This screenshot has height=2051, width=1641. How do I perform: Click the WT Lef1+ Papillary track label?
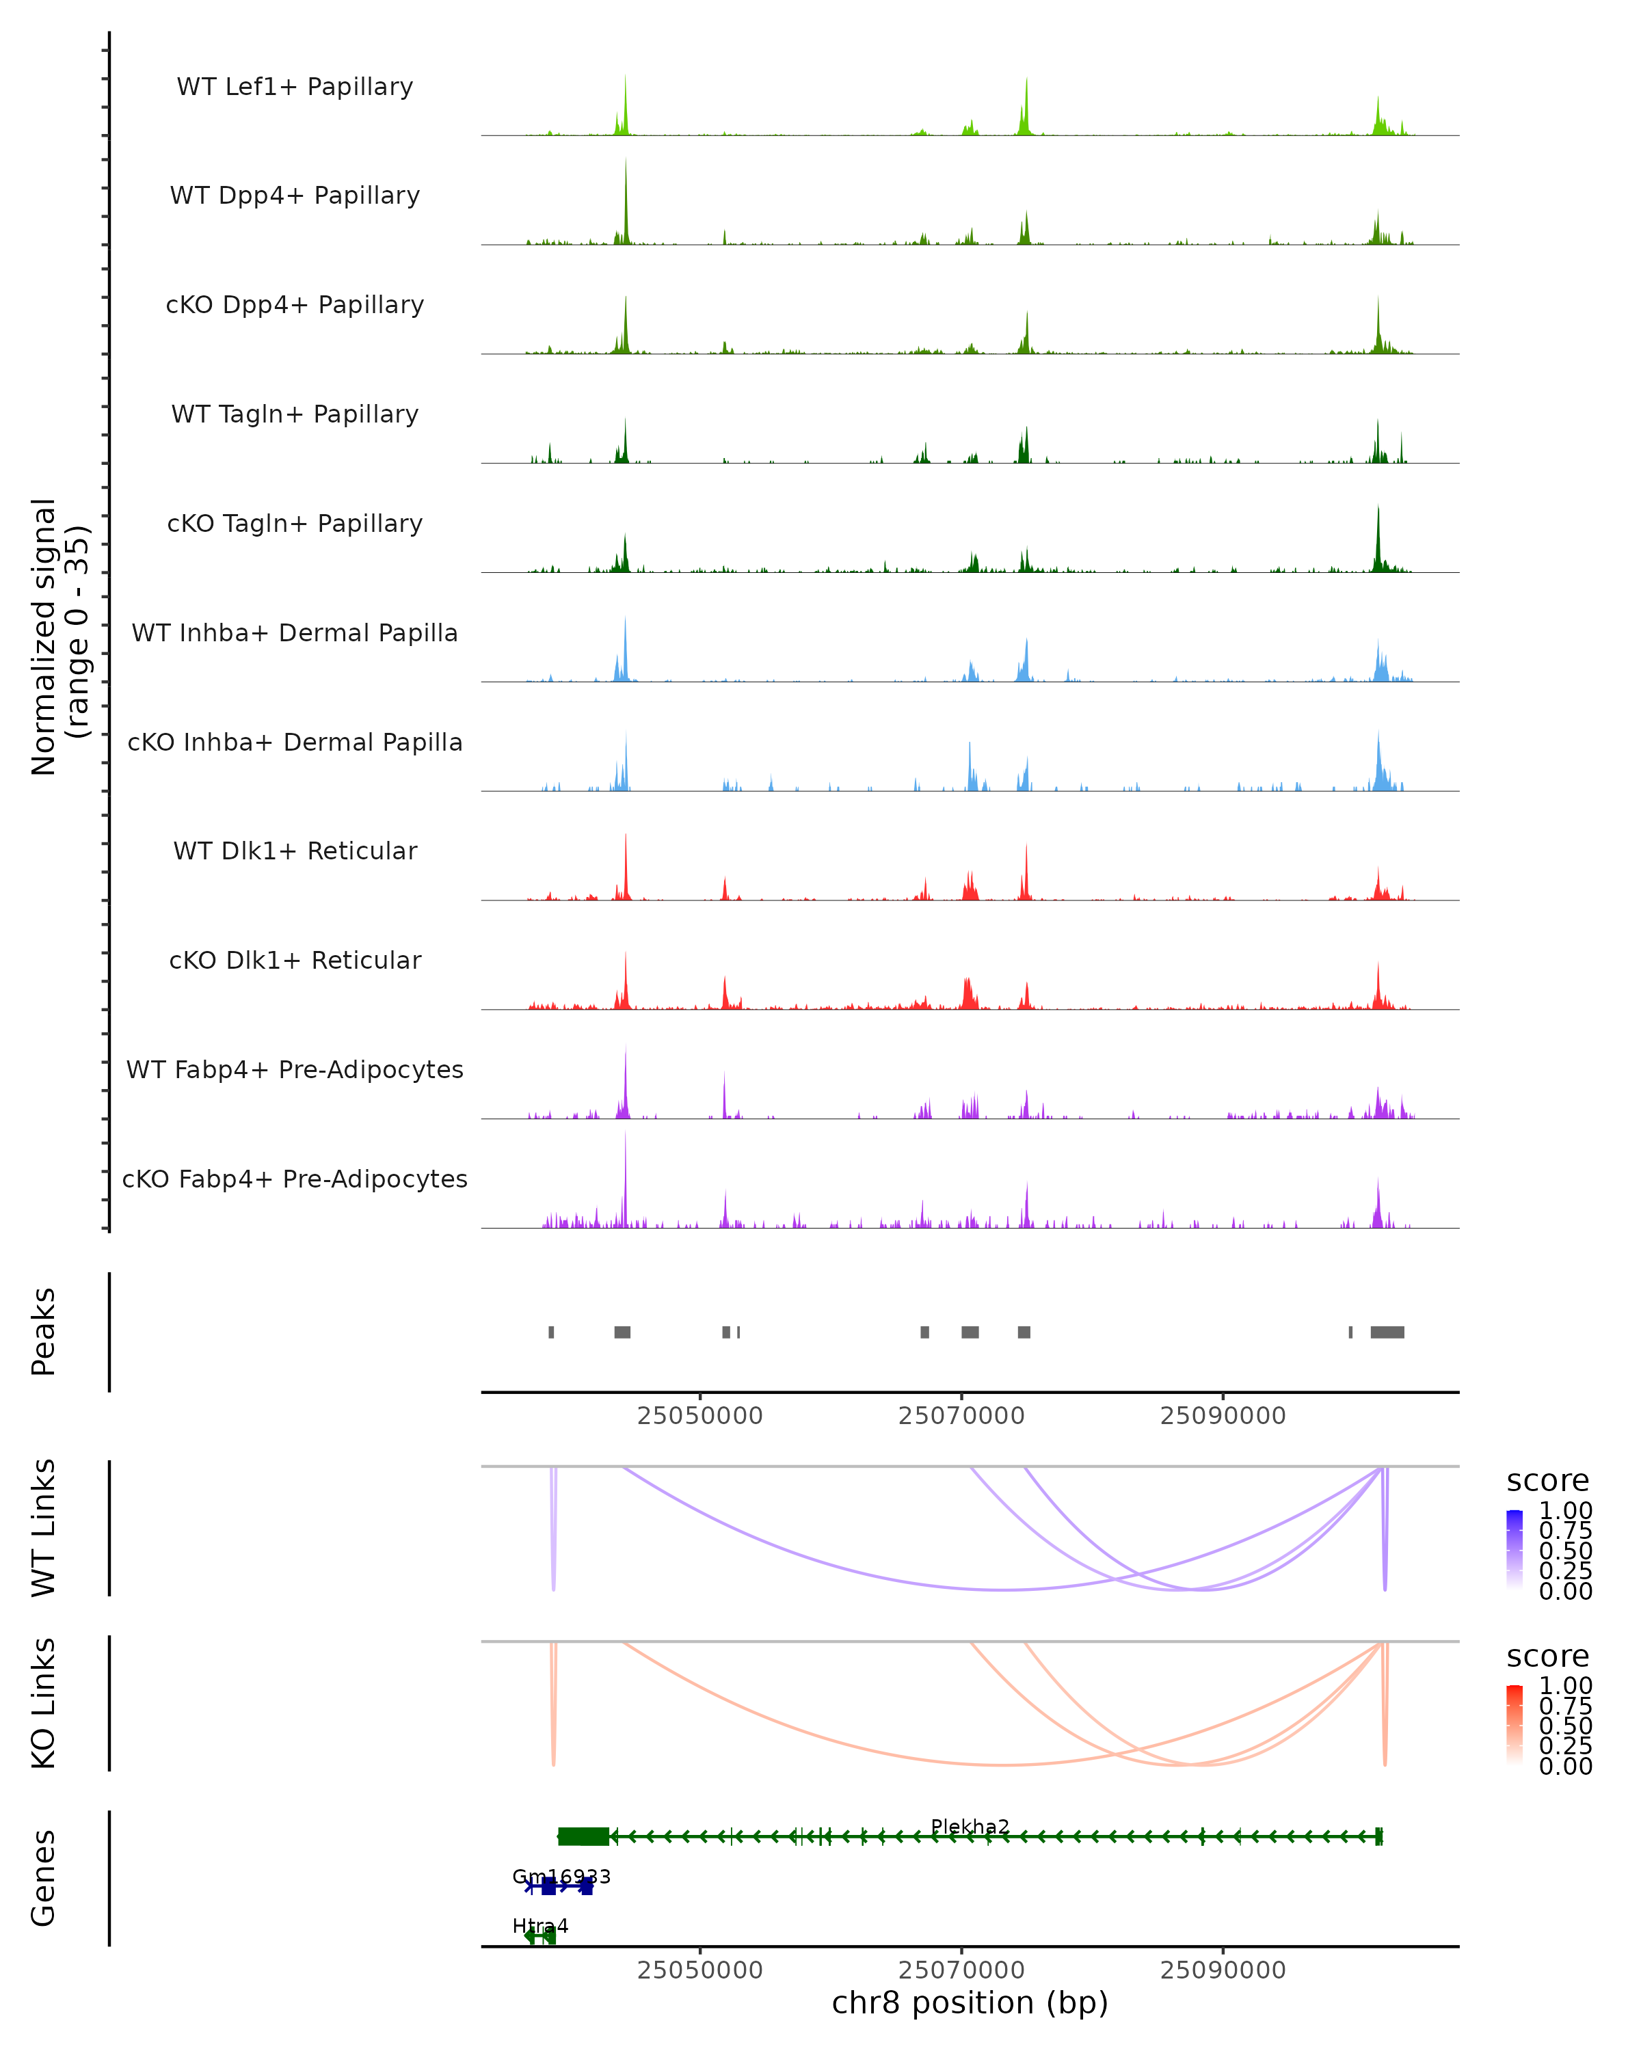pyautogui.click(x=295, y=87)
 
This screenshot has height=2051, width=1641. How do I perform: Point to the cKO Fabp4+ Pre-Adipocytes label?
pyautogui.click(x=295, y=1179)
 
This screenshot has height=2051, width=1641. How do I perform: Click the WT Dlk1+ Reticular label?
pyautogui.click(x=295, y=850)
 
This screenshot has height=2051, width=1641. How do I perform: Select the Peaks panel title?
pyautogui.click(x=44, y=1331)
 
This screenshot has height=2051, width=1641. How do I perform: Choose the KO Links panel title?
pyautogui.click(x=44, y=1703)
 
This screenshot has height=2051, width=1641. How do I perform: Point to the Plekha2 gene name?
pyautogui.click(x=970, y=1827)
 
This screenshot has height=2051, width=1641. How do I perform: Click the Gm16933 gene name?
pyautogui.click(x=561, y=1877)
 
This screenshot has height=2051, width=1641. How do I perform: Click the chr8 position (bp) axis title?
pyautogui.click(x=970, y=2002)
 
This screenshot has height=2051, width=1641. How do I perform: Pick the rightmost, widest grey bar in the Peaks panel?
pyautogui.click(x=1387, y=1332)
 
